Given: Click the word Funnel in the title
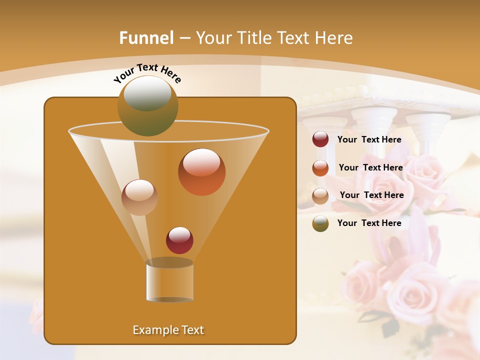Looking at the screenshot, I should (146, 38).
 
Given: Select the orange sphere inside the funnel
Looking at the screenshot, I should (202, 172).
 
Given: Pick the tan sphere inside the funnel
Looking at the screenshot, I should (139, 197).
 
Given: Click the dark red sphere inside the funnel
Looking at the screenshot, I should (179, 240).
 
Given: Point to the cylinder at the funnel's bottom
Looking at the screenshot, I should (169, 281).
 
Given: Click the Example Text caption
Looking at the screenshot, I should (168, 330).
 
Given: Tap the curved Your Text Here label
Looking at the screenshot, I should (147, 73).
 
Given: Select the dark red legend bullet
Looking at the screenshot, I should (320, 139).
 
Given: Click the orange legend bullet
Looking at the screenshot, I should (320, 168).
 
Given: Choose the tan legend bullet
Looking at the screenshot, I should (320, 195).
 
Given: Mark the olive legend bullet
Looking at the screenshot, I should (320, 223).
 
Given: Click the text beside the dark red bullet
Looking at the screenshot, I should (369, 139).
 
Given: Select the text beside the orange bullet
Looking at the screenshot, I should (370, 167).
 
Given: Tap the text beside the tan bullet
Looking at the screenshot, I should (371, 195).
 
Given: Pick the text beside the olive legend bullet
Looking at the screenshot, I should (369, 223).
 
